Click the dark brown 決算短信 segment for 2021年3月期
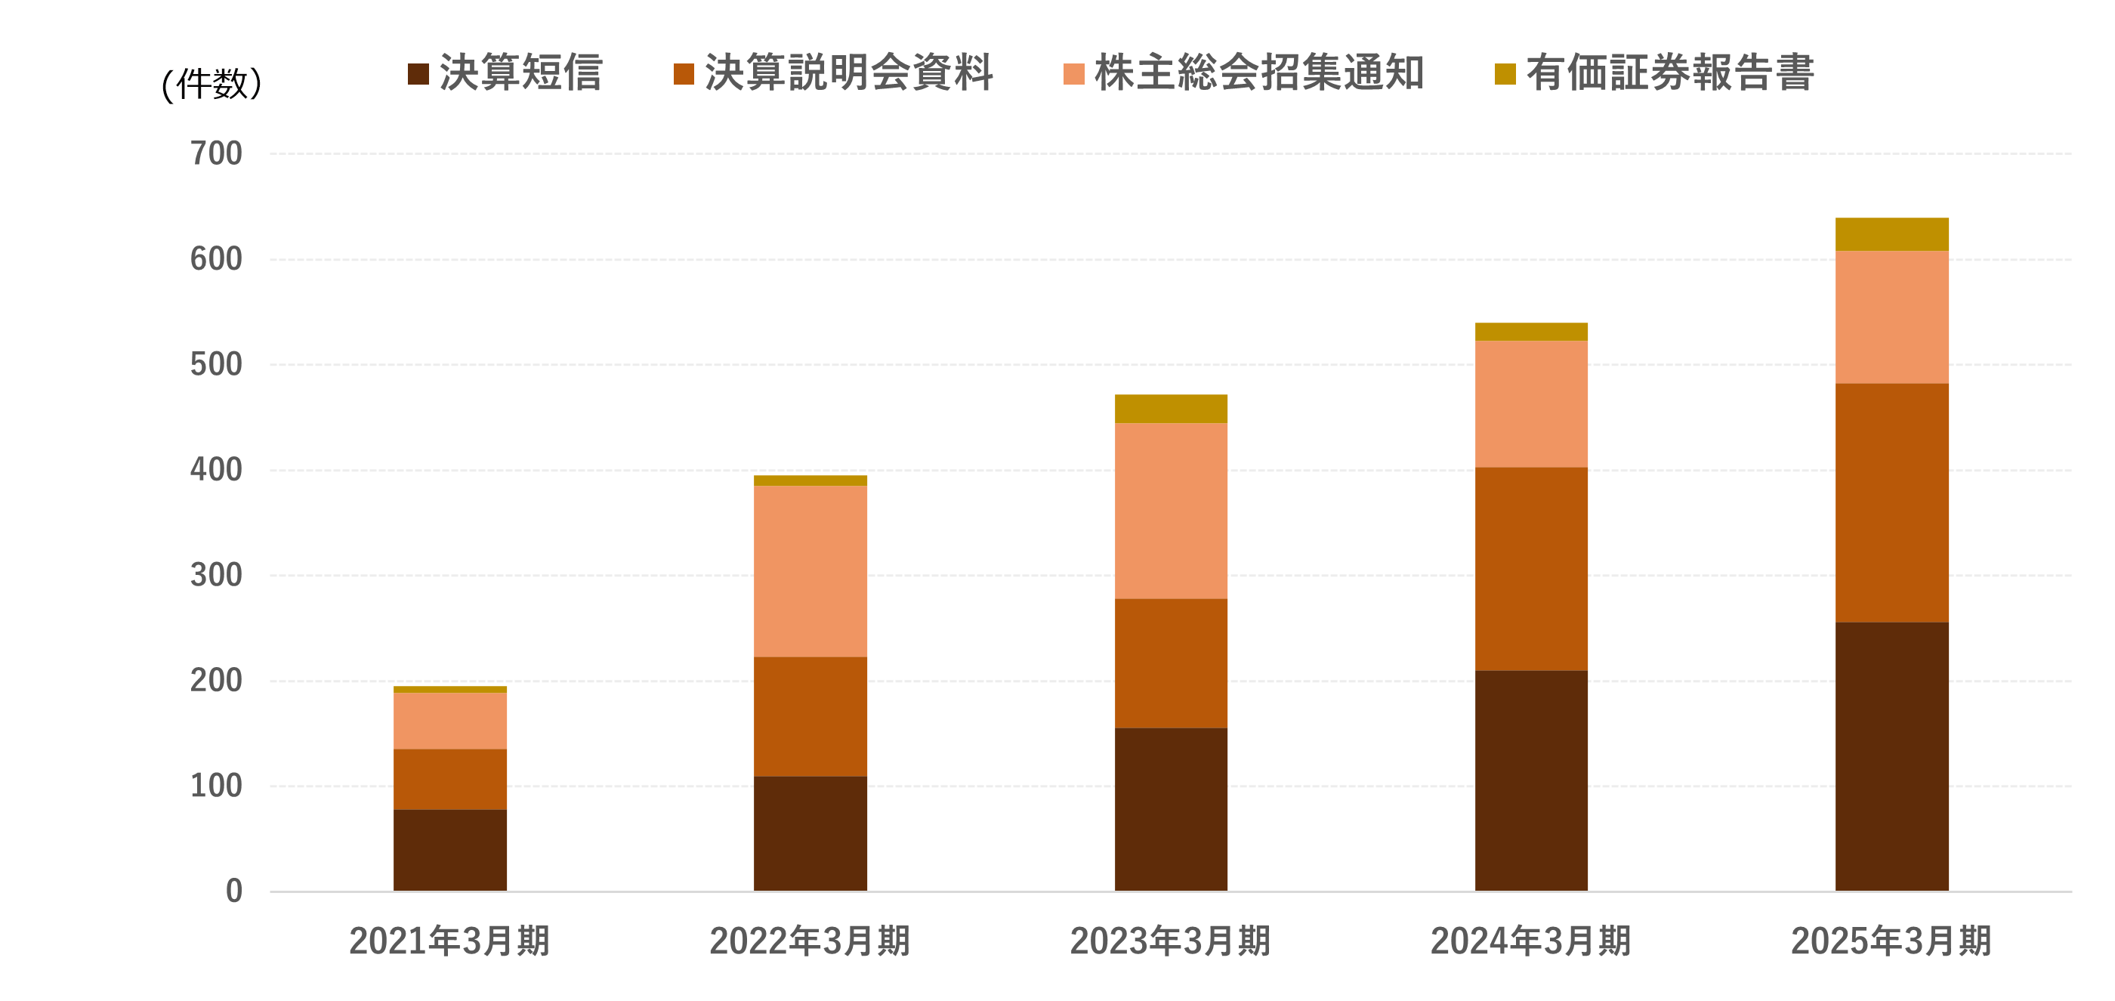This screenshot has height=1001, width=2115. tap(449, 850)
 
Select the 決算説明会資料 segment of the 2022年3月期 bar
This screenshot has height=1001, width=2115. tap(810, 716)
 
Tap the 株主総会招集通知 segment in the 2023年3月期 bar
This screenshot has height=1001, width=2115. tap(1170, 510)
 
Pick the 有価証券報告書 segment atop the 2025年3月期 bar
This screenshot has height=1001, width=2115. tap(1891, 234)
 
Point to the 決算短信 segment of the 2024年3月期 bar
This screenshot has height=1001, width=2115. tap(1530, 780)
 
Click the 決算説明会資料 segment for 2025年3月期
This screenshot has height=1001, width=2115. tap(1891, 502)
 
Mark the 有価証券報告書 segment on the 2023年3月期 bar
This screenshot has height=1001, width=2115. tap(1170, 408)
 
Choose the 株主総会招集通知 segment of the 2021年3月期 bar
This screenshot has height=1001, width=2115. tap(449, 720)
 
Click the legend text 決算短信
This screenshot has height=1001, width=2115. tap(520, 73)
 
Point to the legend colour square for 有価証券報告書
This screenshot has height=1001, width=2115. tap(1504, 74)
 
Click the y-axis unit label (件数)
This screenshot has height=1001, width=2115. tap(211, 84)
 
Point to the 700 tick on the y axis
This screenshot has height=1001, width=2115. tap(216, 153)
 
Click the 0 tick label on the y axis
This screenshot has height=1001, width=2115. tap(234, 891)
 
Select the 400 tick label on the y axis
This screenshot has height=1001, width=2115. tap(216, 470)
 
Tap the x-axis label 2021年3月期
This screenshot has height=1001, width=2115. tap(449, 941)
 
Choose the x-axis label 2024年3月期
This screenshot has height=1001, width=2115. tap(1530, 941)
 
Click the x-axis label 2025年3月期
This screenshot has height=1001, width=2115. tap(1891, 941)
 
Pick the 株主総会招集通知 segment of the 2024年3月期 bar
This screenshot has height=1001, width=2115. tap(1530, 403)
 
